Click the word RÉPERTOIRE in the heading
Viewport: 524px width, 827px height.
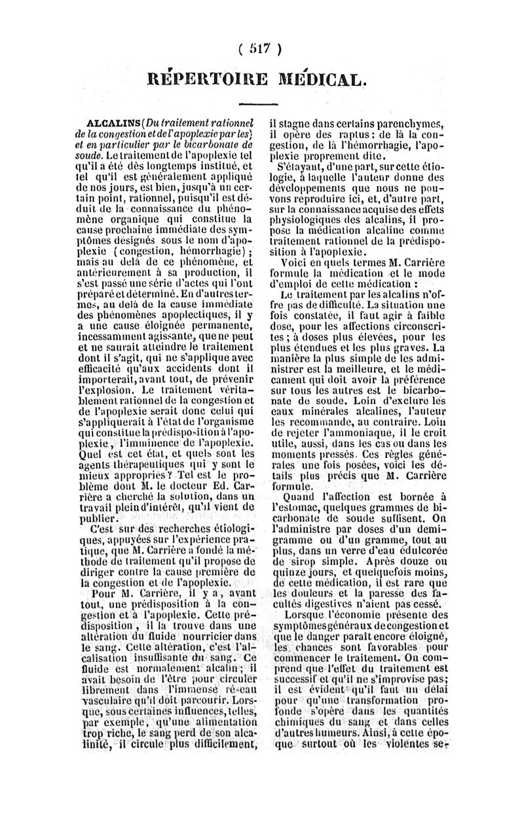tap(209, 81)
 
